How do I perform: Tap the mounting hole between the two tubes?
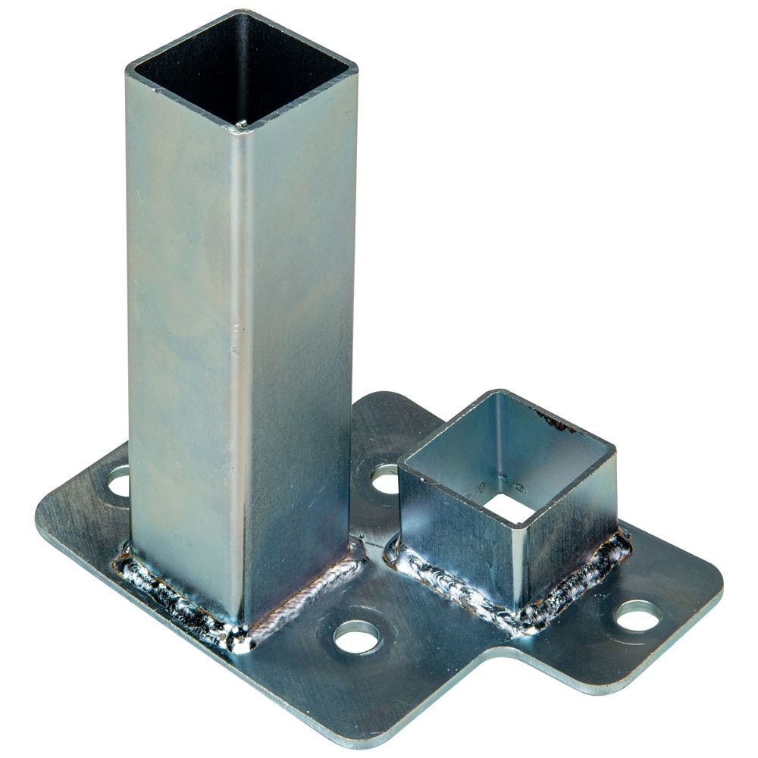384,479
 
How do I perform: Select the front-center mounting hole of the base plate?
356,636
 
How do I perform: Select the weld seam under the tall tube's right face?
303,599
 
